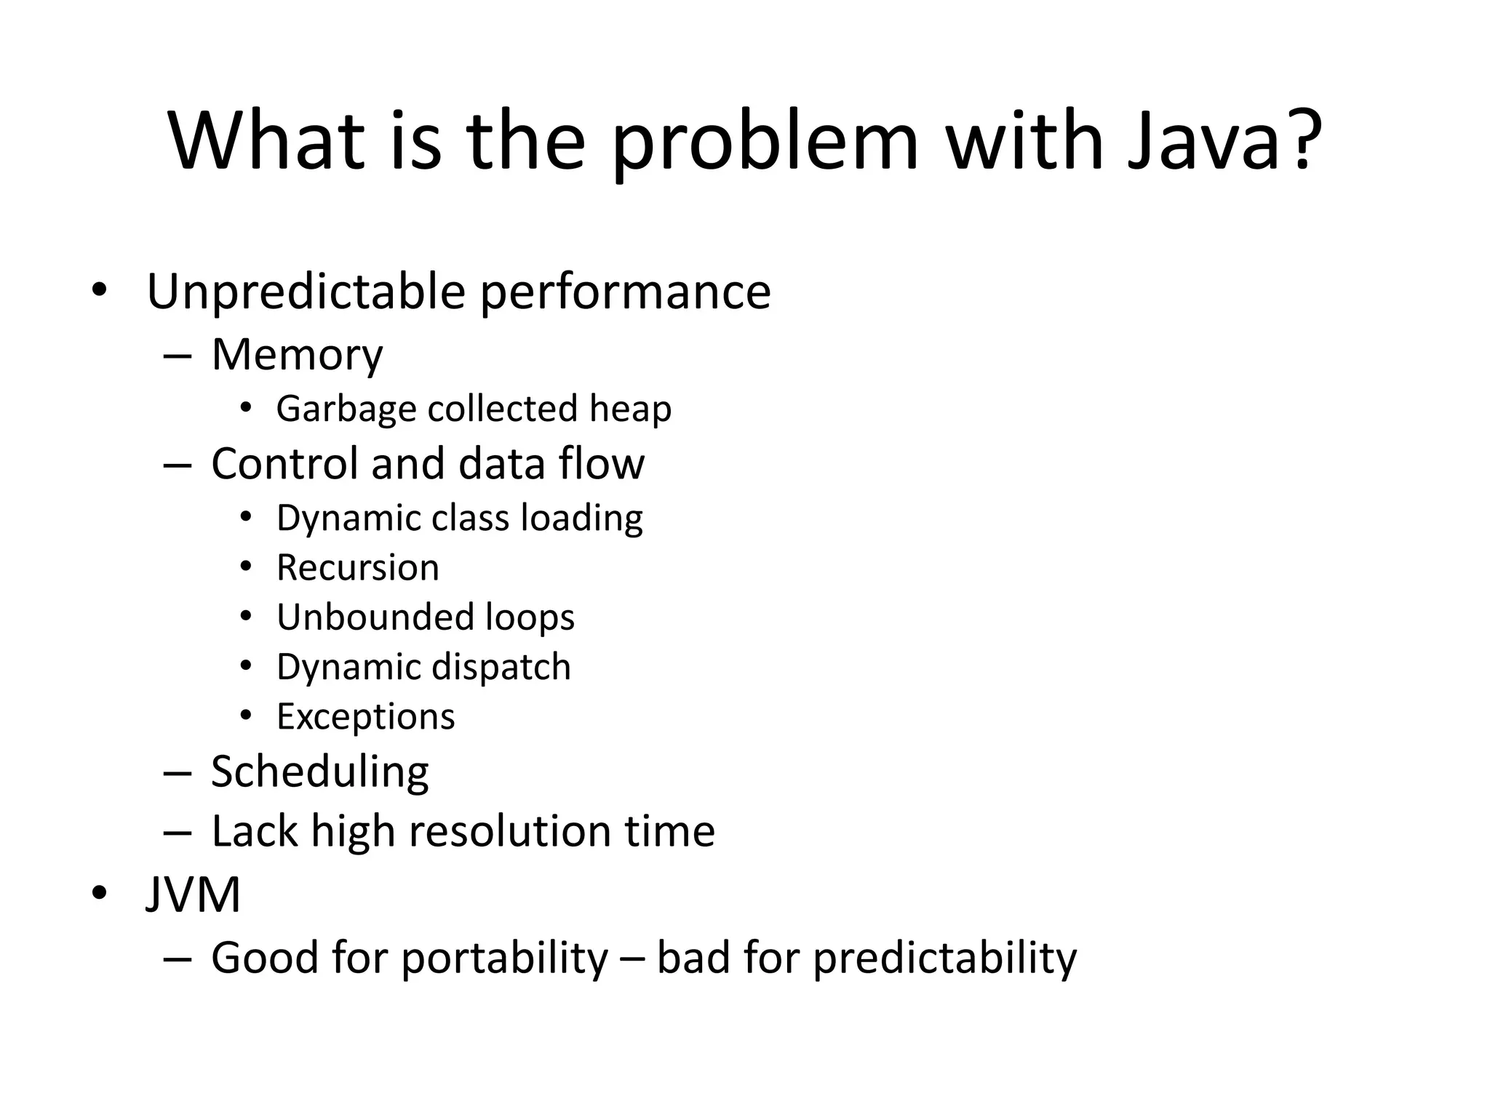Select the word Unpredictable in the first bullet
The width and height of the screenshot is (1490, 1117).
point(306,292)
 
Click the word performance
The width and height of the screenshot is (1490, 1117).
point(626,292)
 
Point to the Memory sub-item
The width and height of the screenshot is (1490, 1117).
point(297,355)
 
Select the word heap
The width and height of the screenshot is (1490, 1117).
point(630,409)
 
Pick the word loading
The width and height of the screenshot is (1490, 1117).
point(581,519)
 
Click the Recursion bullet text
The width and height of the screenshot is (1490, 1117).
point(358,568)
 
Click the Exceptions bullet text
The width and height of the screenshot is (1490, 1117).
point(366,717)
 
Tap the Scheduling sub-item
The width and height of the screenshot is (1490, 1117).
point(319,772)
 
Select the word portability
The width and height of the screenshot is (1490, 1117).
point(504,958)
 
